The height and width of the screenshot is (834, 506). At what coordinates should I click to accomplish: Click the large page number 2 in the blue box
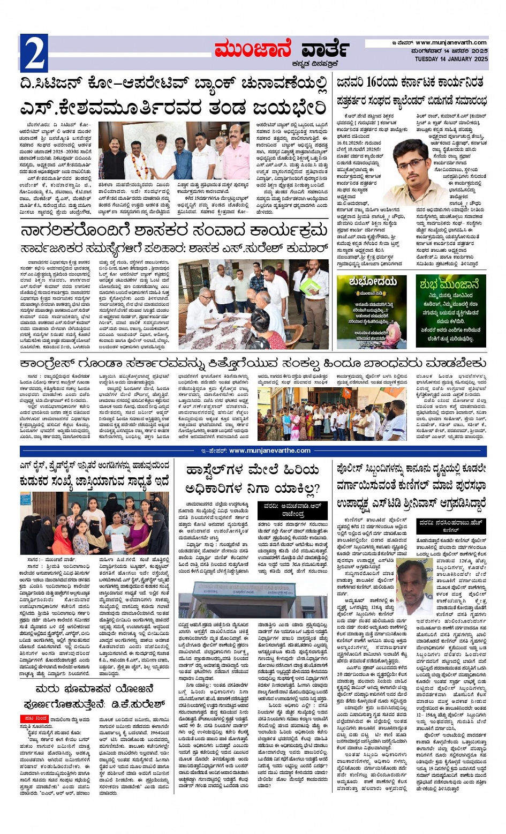click(x=33, y=53)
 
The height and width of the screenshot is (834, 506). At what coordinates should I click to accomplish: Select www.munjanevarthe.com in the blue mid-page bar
click(x=269, y=450)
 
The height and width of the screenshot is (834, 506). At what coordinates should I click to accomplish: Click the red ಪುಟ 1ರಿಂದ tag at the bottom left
click(x=34, y=718)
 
